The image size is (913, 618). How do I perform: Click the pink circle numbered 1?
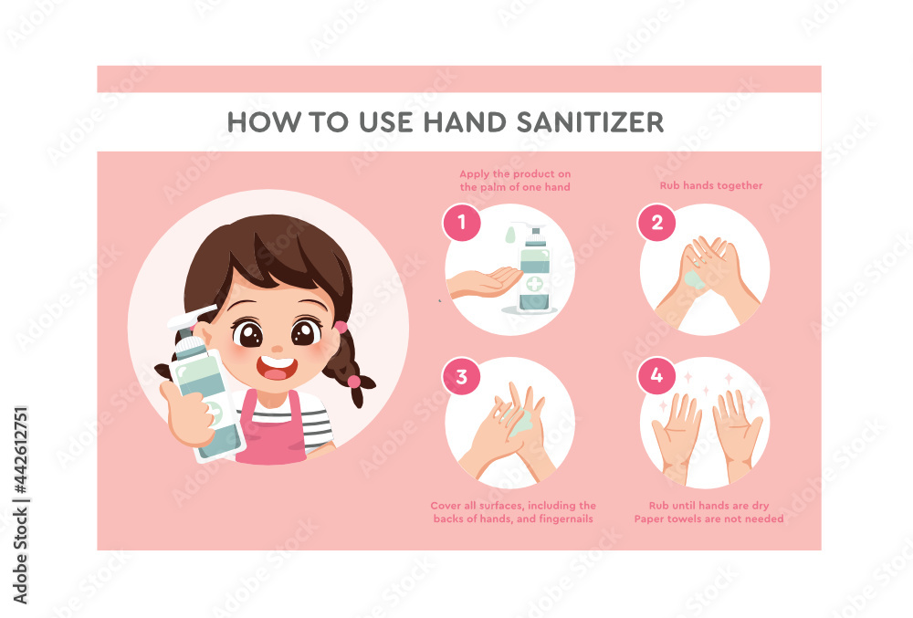(462, 222)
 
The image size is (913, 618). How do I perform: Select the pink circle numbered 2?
(656, 222)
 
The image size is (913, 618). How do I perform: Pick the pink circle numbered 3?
(462, 377)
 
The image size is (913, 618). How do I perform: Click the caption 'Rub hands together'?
(711, 186)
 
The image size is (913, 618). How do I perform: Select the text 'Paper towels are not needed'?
(709, 518)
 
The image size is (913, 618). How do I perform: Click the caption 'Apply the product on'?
(515, 173)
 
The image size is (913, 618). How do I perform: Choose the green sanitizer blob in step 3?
(521, 422)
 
